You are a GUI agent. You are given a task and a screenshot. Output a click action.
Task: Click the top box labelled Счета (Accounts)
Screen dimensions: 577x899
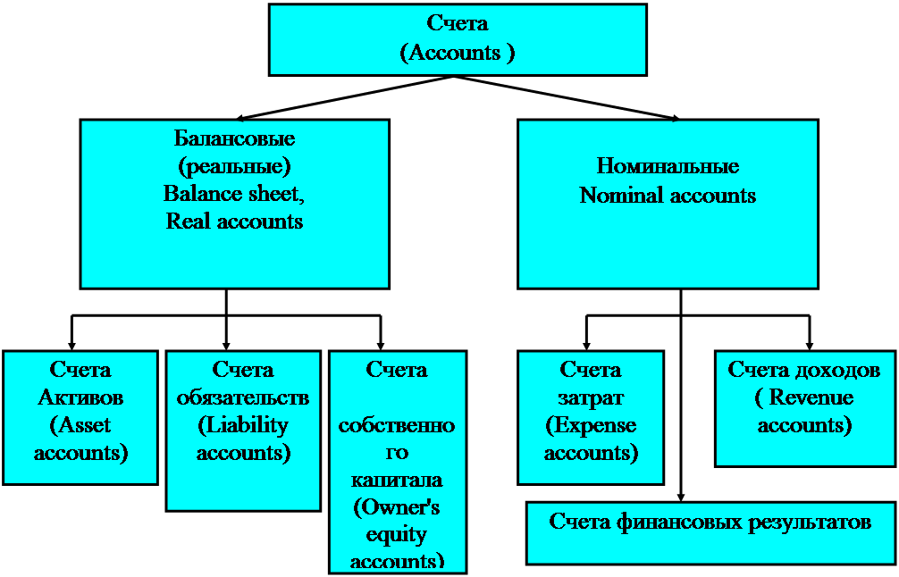coord(458,39)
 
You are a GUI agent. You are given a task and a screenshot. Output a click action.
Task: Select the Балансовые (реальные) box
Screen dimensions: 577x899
coord(234,204)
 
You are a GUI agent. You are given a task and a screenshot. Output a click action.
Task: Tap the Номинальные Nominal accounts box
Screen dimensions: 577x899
coord(668,204)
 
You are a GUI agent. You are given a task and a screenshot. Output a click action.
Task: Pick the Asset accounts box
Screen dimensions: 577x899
coord(80,416)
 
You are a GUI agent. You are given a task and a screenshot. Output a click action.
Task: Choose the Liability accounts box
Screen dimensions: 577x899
coord(243,431)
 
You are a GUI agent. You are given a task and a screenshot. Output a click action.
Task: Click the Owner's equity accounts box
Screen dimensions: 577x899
coord(398,461)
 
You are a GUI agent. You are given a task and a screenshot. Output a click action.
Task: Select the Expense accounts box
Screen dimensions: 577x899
coord(591,416)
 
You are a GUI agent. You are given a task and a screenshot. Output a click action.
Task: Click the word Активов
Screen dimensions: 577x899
coord(80,397)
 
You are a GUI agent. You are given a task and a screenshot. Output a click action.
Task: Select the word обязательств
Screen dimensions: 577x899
coord(243,397)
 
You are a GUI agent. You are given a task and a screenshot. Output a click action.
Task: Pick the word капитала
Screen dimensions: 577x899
coord(397,480)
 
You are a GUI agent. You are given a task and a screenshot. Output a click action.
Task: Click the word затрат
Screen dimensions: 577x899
coord(591,397)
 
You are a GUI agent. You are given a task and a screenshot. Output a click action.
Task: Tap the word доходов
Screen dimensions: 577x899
coord(840,370)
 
